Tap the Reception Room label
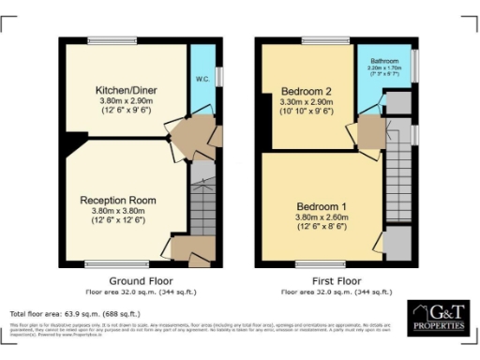click(x=117, y=201)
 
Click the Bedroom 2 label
click(x=307, y=91)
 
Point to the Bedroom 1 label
click(x=321, y=206)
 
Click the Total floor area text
click(x=75, y=313)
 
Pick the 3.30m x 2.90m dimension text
click(x=307, y=101)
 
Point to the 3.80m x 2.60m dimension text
click(x=322, y=217)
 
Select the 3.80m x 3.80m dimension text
click(x=117, y=211)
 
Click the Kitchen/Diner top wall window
click(x=106, y=39)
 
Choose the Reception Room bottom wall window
click(x=118, y=263)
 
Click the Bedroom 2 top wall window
click(x=319, y=39)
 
